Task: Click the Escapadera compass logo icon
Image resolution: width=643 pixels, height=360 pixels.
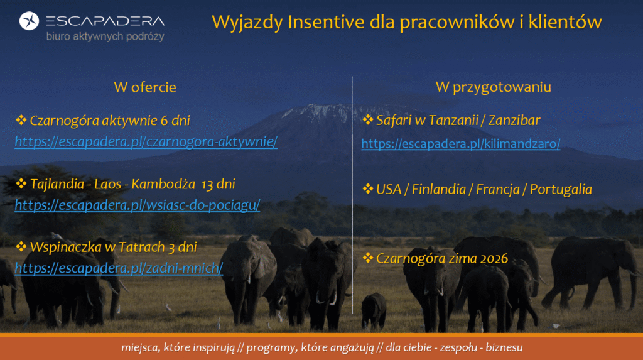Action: pos(29,21)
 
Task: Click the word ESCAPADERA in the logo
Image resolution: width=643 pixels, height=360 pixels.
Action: pos(105,21)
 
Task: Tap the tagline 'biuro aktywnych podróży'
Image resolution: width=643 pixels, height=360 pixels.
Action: pos(105,36)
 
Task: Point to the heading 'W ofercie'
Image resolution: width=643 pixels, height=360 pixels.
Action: pos(145,87)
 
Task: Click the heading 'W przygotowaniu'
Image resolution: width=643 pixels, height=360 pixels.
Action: pos(494,87)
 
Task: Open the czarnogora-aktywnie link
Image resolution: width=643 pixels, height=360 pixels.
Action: pos(146,141)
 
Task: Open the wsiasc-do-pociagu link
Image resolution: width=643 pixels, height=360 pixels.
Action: pos(138,205)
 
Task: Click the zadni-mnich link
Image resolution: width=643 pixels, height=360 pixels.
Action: pos(119,268)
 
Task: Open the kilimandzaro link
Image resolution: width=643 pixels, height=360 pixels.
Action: pos(460,144)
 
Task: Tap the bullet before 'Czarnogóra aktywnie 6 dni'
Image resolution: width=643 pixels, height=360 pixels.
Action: pos(21,120)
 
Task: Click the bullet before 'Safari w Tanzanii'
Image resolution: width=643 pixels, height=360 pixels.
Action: pos(367,119)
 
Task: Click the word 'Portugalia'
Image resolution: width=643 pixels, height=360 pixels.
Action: pos(561,189)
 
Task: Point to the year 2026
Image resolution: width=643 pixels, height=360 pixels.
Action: pos(494,259)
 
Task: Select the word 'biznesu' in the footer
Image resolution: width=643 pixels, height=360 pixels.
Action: pos(504,347)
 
